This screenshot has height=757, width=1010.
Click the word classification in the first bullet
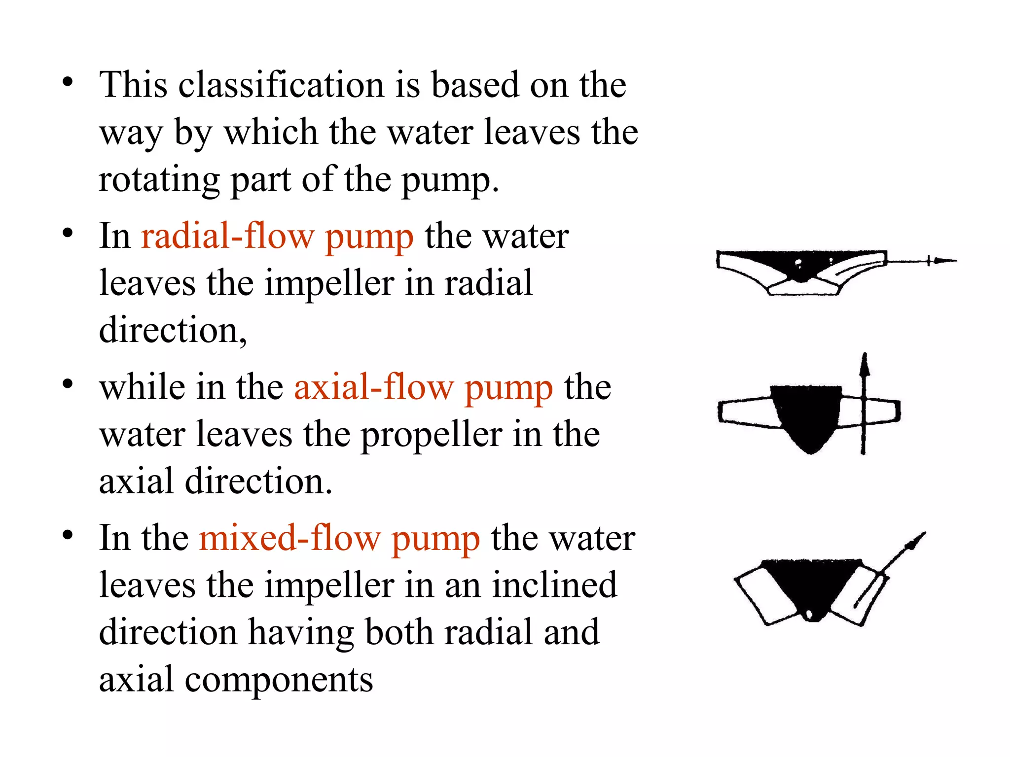click(x=282, y=85)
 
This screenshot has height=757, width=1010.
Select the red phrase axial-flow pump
click(x=423, y=388)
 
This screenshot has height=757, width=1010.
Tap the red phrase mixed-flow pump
click(x=339, y=538)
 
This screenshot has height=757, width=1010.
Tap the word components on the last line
click(x=279, y=680)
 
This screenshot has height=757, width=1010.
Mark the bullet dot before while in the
click(x=68, y=384)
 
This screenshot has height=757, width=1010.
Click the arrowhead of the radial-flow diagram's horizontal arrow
click(x=944, y=261)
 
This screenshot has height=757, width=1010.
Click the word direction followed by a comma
click(x=173, y=330)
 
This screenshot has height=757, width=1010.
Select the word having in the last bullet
click(x=301, y=632)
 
